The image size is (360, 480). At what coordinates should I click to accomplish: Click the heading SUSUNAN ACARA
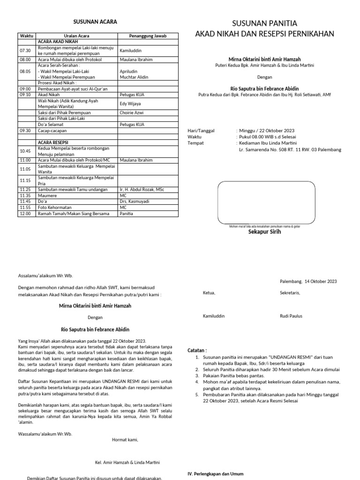click(95, 22)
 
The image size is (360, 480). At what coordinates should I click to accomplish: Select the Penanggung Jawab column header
click(148, 36)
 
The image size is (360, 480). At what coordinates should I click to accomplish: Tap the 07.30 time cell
click(25, 51)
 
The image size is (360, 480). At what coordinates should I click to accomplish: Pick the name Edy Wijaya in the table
click(130, 104)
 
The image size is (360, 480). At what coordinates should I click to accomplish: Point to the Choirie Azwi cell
click(132, 113)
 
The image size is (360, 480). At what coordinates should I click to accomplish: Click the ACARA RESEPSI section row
click(53, 142)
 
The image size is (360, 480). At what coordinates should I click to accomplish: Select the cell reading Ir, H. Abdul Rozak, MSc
click(142, 189)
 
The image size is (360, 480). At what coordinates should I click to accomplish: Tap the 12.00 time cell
click(25, 214)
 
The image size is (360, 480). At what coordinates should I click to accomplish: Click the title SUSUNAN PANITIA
click(265, 24)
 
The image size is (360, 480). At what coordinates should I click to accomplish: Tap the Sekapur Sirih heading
click(264, 232)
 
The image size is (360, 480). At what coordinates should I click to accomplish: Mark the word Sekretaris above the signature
click(290, 293)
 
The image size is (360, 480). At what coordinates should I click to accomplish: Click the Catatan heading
click(197, 350)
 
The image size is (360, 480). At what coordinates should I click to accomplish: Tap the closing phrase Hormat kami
click(125, 440)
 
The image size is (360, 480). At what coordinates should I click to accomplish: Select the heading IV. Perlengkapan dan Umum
click(215, 474)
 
